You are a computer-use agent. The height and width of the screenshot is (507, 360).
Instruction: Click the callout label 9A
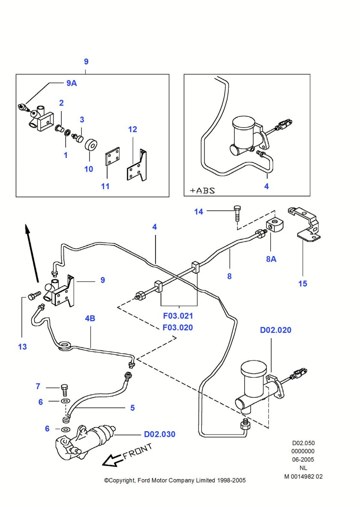pyautogui.click(x=72, y=84)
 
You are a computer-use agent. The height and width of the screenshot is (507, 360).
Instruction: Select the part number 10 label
pyautogui.click(x=88, y=169)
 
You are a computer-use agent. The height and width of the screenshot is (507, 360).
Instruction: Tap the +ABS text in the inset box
pyautogui.click(x=201, y=190)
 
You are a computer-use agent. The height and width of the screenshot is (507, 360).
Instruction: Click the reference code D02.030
pyautogui.click(x=159, y=434)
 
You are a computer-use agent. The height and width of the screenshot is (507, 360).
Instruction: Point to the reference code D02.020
pyautogui.click(x=276, y=330)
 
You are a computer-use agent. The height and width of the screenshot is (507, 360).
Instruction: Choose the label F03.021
pyautogui.click(x=178, y=316)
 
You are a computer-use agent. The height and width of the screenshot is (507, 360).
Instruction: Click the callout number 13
pyautogui.click(x=22, y=347)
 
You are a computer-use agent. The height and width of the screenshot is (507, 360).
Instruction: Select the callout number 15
pyautogui.click(x=303, y=283)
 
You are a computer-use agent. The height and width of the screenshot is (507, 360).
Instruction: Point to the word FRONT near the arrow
pyautogui.click(x=138, y=452)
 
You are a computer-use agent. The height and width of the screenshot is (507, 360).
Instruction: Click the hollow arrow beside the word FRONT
pyautogui.click(x=112, y=460)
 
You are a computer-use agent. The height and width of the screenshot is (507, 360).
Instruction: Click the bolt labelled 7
pyautogui.click(x=64, y=388)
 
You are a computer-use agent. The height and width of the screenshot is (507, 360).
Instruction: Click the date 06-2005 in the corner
pyautogui.click(x=303, y=459)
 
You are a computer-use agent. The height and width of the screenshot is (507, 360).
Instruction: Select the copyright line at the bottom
pyautogui.click(x=175, y=480)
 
